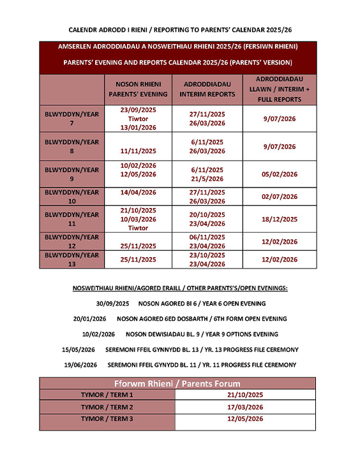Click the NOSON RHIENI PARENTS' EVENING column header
pos(138,89)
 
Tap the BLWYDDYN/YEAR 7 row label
pos(71,119)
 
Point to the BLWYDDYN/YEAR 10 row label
pos(71,196)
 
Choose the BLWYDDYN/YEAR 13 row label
pos(71,260)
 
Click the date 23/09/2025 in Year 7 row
pos(138,110)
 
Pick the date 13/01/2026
pos(138,128)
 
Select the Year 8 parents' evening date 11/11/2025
pos(138,151)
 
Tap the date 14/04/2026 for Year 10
pos(138,192)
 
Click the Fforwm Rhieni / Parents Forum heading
pos(177,383)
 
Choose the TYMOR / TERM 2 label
pos(107,407)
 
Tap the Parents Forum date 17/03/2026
pos(244,407)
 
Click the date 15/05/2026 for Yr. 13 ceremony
pos(80,350)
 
